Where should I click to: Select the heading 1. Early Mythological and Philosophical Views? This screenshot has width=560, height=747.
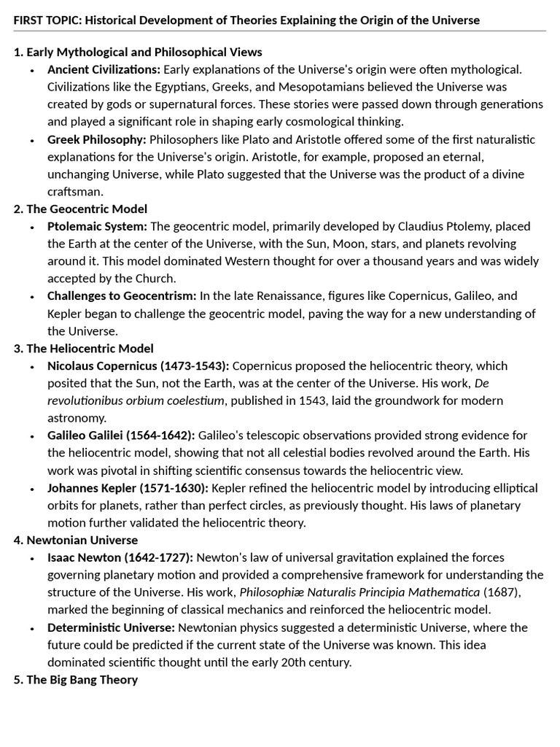[138, 52]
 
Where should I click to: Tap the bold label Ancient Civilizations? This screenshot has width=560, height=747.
[104, 69]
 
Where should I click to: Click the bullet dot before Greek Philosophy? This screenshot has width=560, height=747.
[31, 139]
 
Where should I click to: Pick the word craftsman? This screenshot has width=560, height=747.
[75, 192]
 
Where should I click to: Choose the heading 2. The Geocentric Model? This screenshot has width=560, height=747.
[80, 209]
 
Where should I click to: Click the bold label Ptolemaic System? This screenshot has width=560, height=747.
[97, 226]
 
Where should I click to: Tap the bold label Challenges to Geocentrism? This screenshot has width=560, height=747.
[122, 295]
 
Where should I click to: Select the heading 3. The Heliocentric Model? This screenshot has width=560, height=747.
[83, 348]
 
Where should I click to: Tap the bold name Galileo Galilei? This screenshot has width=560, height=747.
[85, 436]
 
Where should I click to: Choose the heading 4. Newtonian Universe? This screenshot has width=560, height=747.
[75, 540]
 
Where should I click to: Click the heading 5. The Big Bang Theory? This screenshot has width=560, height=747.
[75, 679]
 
